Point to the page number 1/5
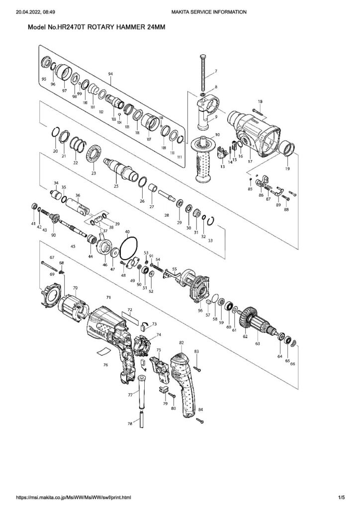pos(341,497)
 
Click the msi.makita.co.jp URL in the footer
pos(74,497)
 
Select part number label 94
pos(110,74)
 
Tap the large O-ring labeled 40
pos(130,246)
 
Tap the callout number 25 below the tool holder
pos(116,186)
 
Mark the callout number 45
pos(73,246)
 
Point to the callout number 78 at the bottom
pos(130,424)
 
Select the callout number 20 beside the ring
pos(55,151)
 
